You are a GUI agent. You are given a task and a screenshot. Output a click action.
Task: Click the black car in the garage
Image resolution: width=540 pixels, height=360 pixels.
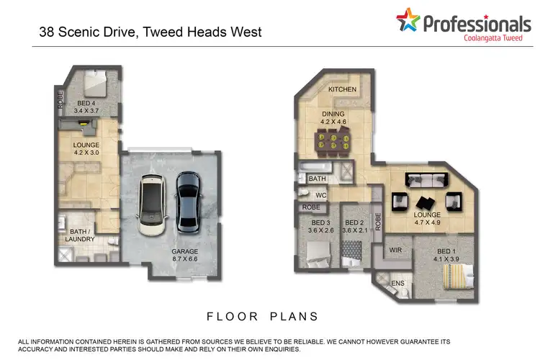tap(187, 201)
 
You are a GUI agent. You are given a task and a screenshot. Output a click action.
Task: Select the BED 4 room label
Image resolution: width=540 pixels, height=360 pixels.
tap(89, 107)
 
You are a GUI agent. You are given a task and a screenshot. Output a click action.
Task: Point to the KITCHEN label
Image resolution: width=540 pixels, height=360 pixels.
tap(343, 89)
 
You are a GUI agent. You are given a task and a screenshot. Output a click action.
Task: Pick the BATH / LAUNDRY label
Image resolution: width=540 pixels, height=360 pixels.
tap(80, 234)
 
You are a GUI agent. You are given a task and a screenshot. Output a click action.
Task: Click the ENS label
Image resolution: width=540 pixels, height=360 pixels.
tap(397, 283)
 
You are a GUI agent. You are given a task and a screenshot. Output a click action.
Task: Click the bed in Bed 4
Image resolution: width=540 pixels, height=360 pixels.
tap(94, 82)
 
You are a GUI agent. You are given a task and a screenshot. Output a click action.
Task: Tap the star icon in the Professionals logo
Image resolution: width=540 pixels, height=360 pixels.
tap(407, 22)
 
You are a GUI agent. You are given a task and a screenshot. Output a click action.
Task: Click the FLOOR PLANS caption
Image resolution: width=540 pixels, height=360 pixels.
tap(262, 316)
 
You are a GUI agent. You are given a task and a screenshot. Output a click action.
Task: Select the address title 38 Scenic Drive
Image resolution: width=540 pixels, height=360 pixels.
tap(149, 32)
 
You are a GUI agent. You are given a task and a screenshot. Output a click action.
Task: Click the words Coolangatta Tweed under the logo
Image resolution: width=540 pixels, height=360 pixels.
tap(489, 40)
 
